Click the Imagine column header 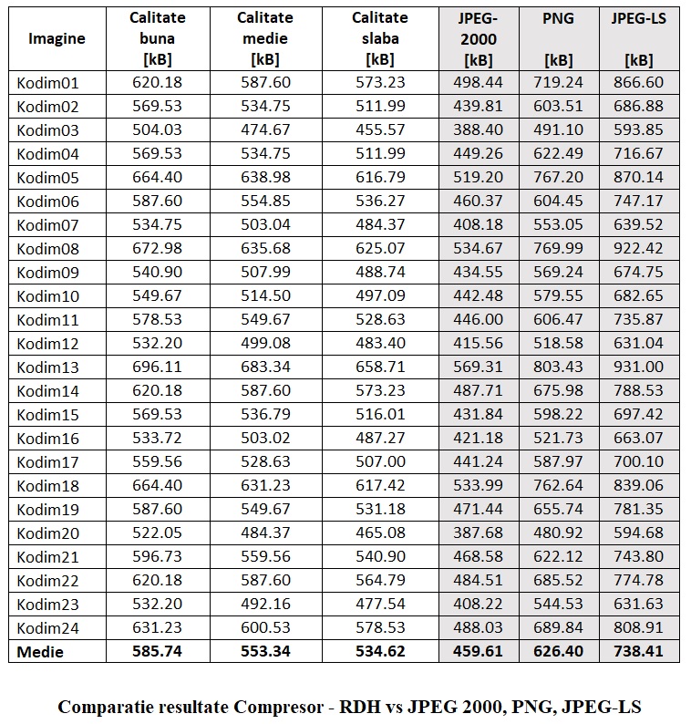click(x=57, y=38)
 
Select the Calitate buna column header click(x=157, y=38)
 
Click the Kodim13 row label click(x=48, y=367)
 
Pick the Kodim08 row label click(x=48, y=248)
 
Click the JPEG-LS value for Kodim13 click(x=639, y=367)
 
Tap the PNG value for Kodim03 click(x=558, y=129)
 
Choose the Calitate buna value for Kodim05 click(x=157, y=177)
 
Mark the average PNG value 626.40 click(x=558, y=651)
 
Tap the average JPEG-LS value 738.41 click(x=639, y=651)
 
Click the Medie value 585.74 click(x=157, y=651)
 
